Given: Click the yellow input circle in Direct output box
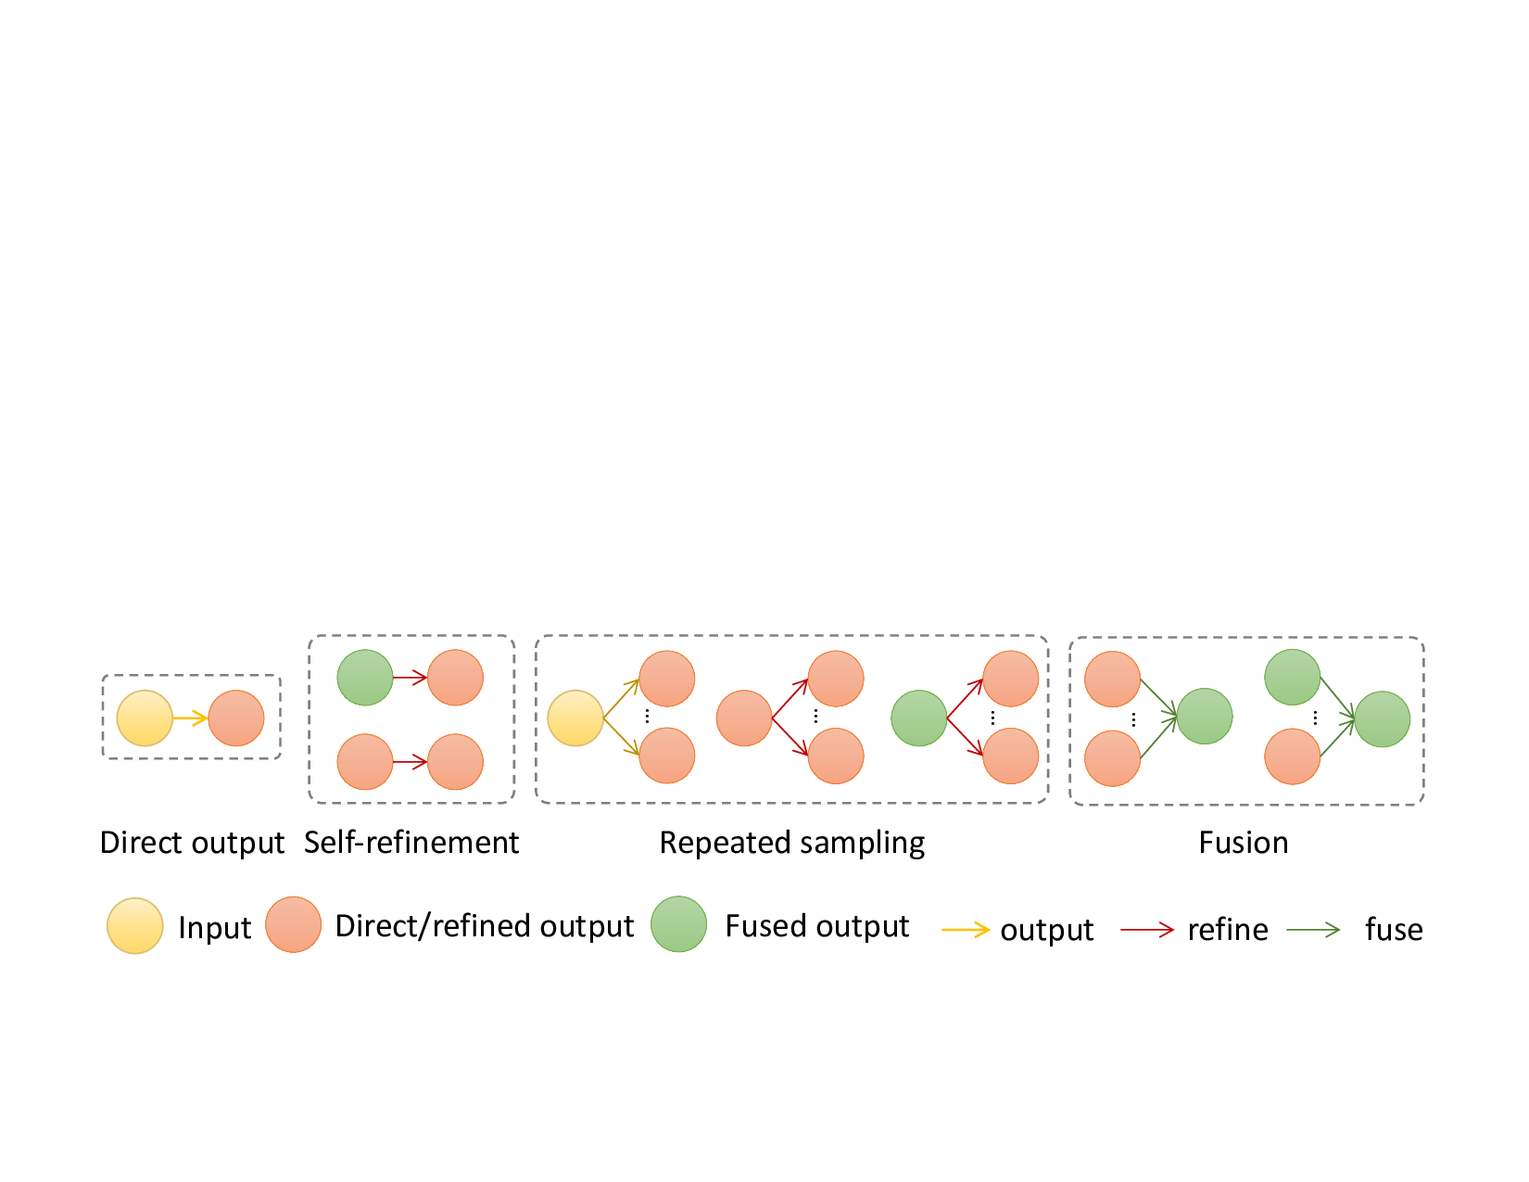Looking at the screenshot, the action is pyautogui.click(x=145, y=718).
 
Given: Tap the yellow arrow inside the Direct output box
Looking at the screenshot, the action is pyautogui.click(x=190, y=718).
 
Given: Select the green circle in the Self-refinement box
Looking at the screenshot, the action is pyautogui.click(x=364, y=678).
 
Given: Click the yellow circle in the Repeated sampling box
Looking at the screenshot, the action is pyautogui.click(x=575, y=718).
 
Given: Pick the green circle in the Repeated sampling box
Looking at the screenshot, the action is pyautogui.click(x=918, y=718).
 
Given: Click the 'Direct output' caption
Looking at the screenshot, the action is pyautogui.click(x=192, y=843).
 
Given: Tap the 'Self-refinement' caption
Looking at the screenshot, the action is pyautogui.click(x=411, y=843).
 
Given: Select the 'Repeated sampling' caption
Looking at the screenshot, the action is pyautogui.click(x=791, y=844).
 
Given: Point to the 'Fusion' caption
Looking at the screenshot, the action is pyautogui.click(x=1244, y=843).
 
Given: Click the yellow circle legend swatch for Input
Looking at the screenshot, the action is pyautogui.click(x=134, y=926).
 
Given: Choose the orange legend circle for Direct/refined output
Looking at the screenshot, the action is pyautogui.click(x=293, y=924).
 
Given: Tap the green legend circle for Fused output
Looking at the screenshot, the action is pyautogui.click(x=678, y=924).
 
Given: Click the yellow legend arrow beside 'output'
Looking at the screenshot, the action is pyautogui.click(x=966, y=930).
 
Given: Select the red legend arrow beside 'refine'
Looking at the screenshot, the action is pyautogui.click(x=1147, y=930).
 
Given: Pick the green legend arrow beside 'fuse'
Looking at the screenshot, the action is pyautogui.click(x=1313, y=930).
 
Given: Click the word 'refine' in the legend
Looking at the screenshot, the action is pyautogui.click(x=1228, y=929).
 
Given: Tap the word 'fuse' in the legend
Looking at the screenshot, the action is pyautogui.click(x=1394, y=929).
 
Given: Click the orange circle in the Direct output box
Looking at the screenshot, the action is pyautogui.click(x=235, y=718).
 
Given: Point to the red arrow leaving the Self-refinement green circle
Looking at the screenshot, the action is pyautogui.click(x=411, y=678).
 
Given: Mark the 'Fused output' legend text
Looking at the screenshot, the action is pyautogui.click(x=817, y=926).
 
